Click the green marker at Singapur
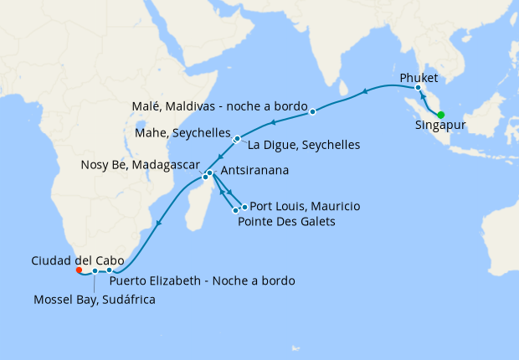[x=441, y=115]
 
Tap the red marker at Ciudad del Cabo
[x=79, y=270]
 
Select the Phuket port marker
[x=418, y=88]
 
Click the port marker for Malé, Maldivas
[x=312, y=111]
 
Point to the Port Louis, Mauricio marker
[x=244, y=207]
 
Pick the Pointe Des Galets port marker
[x=235, y=211]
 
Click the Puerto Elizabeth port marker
[x=110, y=270]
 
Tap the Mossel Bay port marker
[x=95, y=271]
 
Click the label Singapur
[x=441, y=128]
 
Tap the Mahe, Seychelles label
[x=182, y=134]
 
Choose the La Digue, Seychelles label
[x=304, y=145]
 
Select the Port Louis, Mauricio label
[x=306, y=205]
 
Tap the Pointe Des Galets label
[x=287, y=222]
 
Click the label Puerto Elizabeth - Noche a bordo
[x=202, y=280]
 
